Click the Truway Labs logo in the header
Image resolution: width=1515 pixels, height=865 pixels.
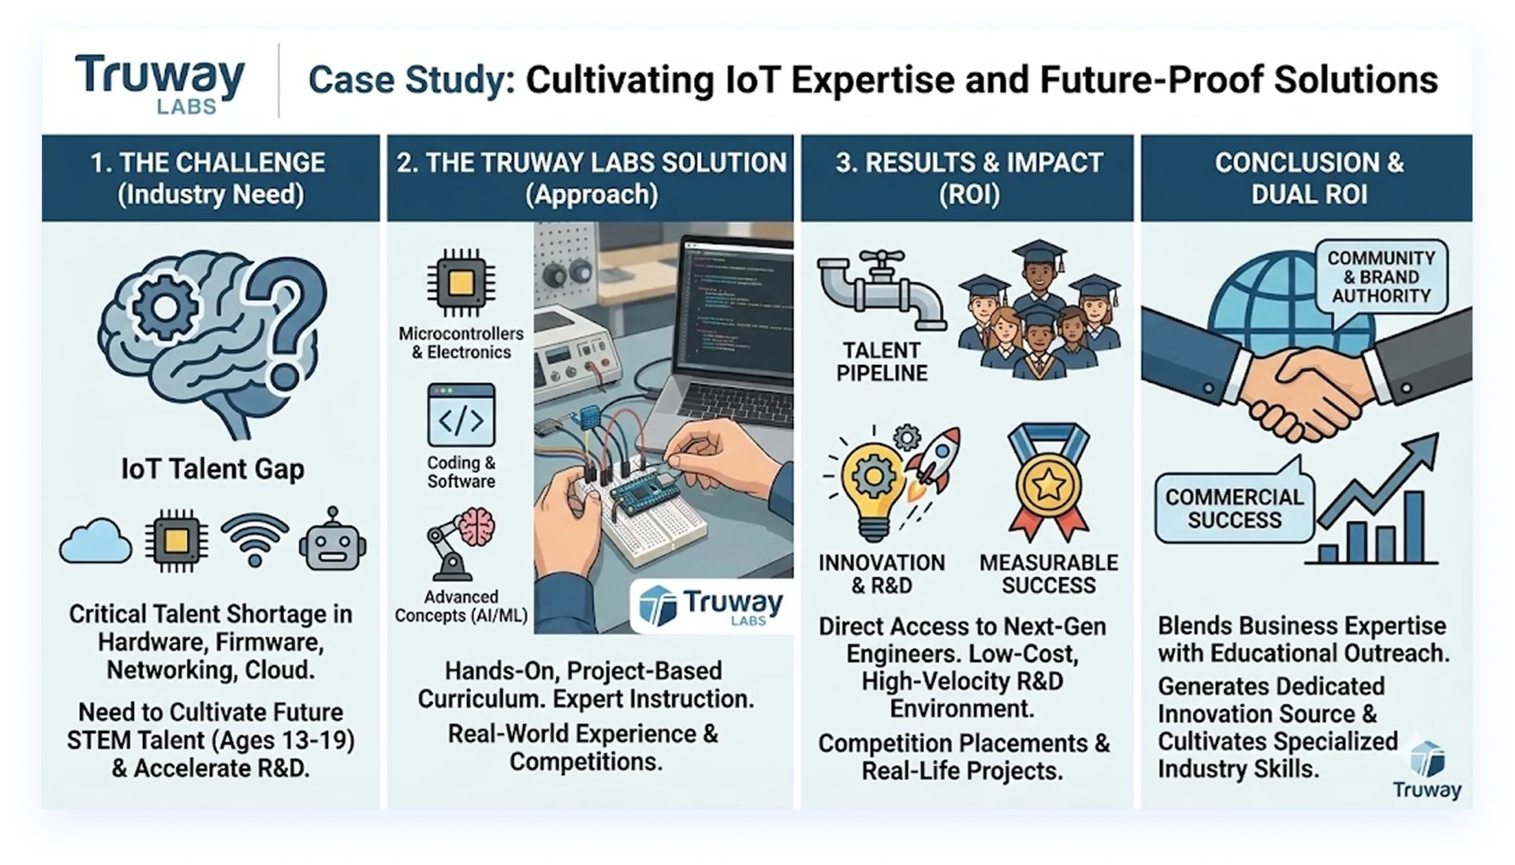pyautogui.click(x=159, y=83)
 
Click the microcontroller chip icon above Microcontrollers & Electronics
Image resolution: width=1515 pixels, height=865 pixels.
pyautogui.click(x=461, y=283)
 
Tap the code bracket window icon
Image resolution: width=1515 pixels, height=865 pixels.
pyautogui.click(x=461, y=415)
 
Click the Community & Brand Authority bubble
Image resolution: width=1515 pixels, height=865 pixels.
pyautogui.click(x=1381, y=279)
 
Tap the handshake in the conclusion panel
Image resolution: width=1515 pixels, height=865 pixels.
pyautogui.click(x=1307, y=380)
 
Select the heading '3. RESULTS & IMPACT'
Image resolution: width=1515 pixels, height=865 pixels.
pyautogui.click(x=969, y=163)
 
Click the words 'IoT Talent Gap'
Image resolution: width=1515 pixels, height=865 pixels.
pyautogui.click(x=212, y=469)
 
